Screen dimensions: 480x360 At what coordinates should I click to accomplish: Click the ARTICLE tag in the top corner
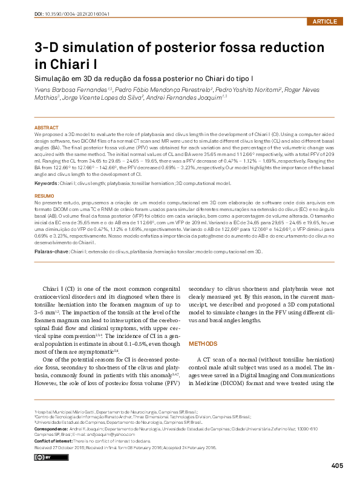[x=326, y=22]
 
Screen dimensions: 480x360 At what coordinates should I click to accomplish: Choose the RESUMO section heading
[x=44, y=196]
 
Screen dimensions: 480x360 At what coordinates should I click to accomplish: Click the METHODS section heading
[x=203, y=344]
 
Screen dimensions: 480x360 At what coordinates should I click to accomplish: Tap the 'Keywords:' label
[x=46, y=183]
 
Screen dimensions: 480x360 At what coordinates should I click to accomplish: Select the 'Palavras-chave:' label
[x=51, y=251]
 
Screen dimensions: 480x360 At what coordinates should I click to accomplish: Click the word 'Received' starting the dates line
[x=45, y=447]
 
